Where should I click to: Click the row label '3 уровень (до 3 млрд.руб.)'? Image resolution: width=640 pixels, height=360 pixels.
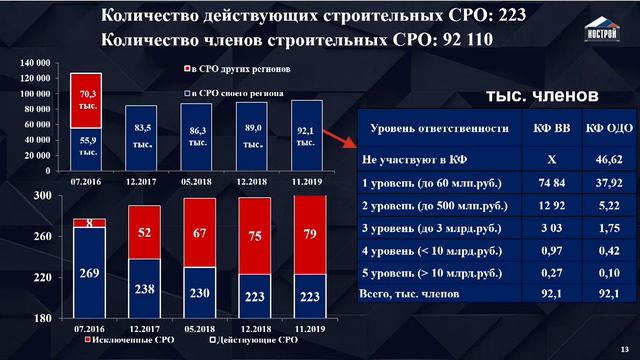(429, 228)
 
